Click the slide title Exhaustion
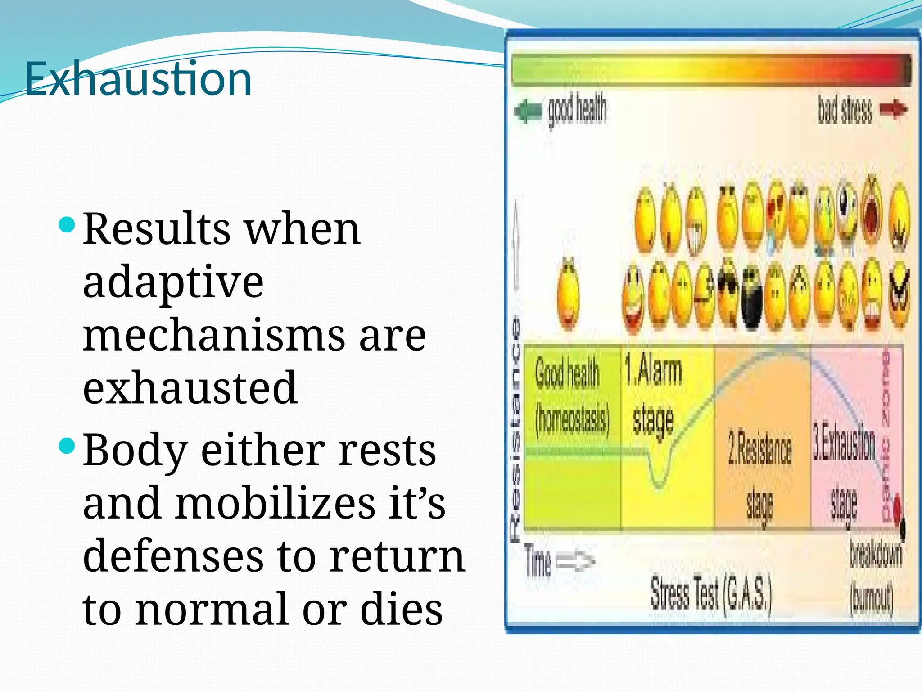138,79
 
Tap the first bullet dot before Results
67,224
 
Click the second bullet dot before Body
67,446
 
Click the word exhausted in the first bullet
190,388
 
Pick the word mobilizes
276,503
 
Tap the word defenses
173,556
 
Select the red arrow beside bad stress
894,109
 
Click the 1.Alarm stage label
653,394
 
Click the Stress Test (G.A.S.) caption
711,595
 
